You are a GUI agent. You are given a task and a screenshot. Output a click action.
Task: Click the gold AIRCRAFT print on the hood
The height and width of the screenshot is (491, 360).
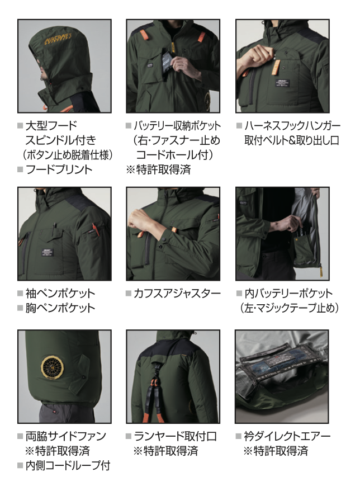59,40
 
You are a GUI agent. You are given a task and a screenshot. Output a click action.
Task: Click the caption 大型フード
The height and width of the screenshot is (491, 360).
51,126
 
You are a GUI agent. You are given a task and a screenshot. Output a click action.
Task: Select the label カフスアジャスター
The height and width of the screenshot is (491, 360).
177,294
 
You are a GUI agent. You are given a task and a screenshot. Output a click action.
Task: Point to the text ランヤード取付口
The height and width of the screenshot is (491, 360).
175,436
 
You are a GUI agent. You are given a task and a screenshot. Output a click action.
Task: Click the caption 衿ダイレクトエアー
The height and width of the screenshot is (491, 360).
287,436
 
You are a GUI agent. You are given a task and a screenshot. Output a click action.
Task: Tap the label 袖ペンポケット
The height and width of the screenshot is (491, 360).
60,294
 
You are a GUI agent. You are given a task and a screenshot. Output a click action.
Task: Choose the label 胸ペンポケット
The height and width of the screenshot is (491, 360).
60,308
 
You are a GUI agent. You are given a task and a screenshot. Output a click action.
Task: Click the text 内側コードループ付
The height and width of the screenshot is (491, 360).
68,465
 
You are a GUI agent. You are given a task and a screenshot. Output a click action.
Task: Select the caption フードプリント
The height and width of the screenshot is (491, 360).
59,169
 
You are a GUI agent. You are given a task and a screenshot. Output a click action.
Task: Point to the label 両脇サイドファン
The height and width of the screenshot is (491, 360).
66,436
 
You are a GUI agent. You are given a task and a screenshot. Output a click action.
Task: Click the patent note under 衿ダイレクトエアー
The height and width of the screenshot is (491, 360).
276,451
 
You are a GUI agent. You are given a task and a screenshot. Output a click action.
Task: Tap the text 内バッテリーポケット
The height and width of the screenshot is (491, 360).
288,294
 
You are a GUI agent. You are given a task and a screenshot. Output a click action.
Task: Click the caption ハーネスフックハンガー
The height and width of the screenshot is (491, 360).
292,126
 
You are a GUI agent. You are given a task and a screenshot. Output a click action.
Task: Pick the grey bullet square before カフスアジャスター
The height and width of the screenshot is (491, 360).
129,294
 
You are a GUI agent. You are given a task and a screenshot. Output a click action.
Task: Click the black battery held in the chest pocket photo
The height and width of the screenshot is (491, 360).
167,62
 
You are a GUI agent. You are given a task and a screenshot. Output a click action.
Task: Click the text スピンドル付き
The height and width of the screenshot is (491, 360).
61,140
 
